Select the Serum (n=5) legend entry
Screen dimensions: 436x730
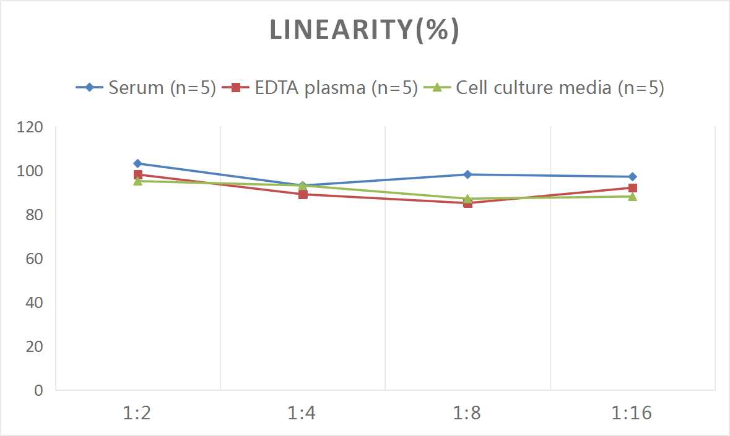click(146, 88)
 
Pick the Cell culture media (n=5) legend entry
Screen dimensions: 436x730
click(544, 88)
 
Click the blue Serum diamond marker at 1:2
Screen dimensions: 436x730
click(137, 164)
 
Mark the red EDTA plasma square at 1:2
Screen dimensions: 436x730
click(137, 175)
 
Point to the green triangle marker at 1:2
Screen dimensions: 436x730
click(137, 181)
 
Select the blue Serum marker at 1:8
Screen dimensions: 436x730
click(467, 174)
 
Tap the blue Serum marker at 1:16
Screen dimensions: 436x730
click(632, 177)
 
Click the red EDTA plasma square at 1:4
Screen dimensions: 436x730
click(303, 194)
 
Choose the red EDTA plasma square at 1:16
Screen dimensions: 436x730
click(632, 188)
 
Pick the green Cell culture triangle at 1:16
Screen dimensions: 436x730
click(632, 197)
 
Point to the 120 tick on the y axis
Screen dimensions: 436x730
click(31, 127)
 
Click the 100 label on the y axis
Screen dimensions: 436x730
click(31, 171)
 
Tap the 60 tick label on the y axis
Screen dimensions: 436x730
click(35, 259)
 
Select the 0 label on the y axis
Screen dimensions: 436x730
click(38, 390)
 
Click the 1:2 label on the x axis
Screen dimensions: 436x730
click(137, 412)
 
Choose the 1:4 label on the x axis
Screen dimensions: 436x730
click(303, 412)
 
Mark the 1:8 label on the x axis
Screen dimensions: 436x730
click(467, 412)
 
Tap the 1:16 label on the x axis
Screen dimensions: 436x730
click(632, 412)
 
